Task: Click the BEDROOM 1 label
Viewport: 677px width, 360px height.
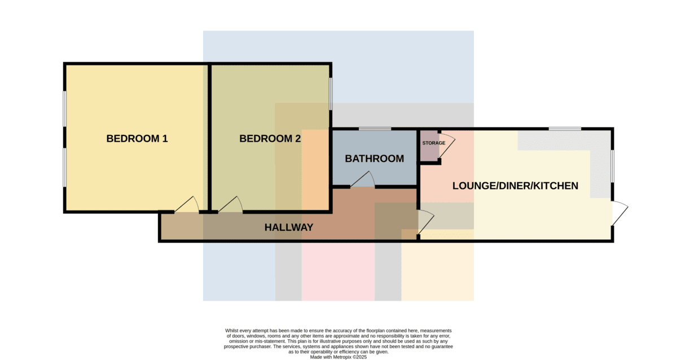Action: coord(137,138)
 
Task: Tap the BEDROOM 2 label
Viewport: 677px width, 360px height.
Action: coord(270,138)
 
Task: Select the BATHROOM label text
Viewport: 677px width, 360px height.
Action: coord(375,159)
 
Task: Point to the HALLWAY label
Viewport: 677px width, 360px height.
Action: coord(289,227)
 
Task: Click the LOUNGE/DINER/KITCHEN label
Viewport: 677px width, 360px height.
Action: coord(515,186)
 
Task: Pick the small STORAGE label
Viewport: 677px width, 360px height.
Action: coord(434,143)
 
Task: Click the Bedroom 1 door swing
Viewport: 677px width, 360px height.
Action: coord(187,205)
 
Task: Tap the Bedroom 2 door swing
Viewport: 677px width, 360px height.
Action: coord(231,205)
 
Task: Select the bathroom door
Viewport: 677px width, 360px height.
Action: coord(363,179)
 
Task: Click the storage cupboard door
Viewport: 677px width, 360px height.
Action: coord(447,146)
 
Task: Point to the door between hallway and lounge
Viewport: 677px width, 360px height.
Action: coord(426,222)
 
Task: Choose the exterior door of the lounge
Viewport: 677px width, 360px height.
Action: coord(620,213)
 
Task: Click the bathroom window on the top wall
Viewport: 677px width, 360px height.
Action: coord(375,129)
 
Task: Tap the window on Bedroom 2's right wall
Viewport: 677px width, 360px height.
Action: coord(331,94)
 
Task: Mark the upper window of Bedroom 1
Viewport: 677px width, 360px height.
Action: coord(65,109)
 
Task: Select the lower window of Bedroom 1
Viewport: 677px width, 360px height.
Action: coord(65,168)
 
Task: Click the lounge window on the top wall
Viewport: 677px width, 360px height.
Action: coord(565,129)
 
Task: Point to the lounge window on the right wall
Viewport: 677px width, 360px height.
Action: coord(612,166)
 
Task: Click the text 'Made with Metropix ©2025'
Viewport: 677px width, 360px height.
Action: coord(338,357)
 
